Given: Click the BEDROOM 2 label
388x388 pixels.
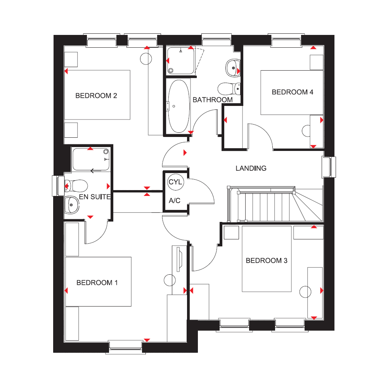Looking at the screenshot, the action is pos(96,96).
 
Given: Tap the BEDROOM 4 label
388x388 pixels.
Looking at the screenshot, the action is pos(293,92).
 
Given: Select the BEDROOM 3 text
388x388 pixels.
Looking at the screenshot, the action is pos(267,261).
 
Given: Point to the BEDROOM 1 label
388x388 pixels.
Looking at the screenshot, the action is pos(97,282).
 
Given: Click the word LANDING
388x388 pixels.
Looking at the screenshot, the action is pos(251,168).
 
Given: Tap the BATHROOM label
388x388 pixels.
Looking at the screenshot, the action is pos(213,100).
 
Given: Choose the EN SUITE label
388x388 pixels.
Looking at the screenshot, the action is pos(95,197).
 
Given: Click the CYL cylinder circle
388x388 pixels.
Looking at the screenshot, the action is pos(175,182).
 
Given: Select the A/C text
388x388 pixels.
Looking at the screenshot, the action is pos(175,201).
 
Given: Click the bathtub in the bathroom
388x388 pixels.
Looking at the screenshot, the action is pos(179,106).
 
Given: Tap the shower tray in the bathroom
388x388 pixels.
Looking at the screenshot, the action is pos(181,61).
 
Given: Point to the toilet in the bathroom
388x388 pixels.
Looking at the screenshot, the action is pos(229,89).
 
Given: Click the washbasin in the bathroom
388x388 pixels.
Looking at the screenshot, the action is pos(233,68).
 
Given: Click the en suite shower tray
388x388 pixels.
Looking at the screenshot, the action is pos(91,159).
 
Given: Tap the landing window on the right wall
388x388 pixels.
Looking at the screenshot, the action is pos(329,167).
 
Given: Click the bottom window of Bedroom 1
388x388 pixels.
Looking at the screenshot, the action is pos(125,346).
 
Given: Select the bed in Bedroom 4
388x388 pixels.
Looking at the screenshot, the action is pos(292,93).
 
